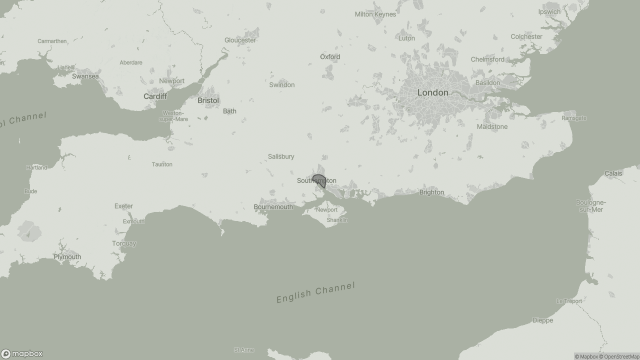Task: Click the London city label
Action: click(432, 92)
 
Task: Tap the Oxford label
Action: click(330, 57)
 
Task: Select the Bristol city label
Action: click(208, 100)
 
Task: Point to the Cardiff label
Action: click(155, 96)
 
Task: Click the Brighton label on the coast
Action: click(431, 192)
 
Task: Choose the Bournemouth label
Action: click(273, 207)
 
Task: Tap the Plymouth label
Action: click(67, 257)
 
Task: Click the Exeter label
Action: click(123, 206)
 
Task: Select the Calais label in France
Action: click(613, 173)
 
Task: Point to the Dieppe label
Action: click(542, 320)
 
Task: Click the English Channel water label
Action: click(315, 292)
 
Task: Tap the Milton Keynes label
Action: click(375, 14)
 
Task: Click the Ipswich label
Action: click(549, 12)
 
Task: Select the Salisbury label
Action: click(281, 156)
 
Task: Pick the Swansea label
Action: click(85, 76)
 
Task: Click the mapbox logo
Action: click(22, 354)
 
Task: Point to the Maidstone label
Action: click(492, 127)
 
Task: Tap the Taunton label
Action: click(162, 164)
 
